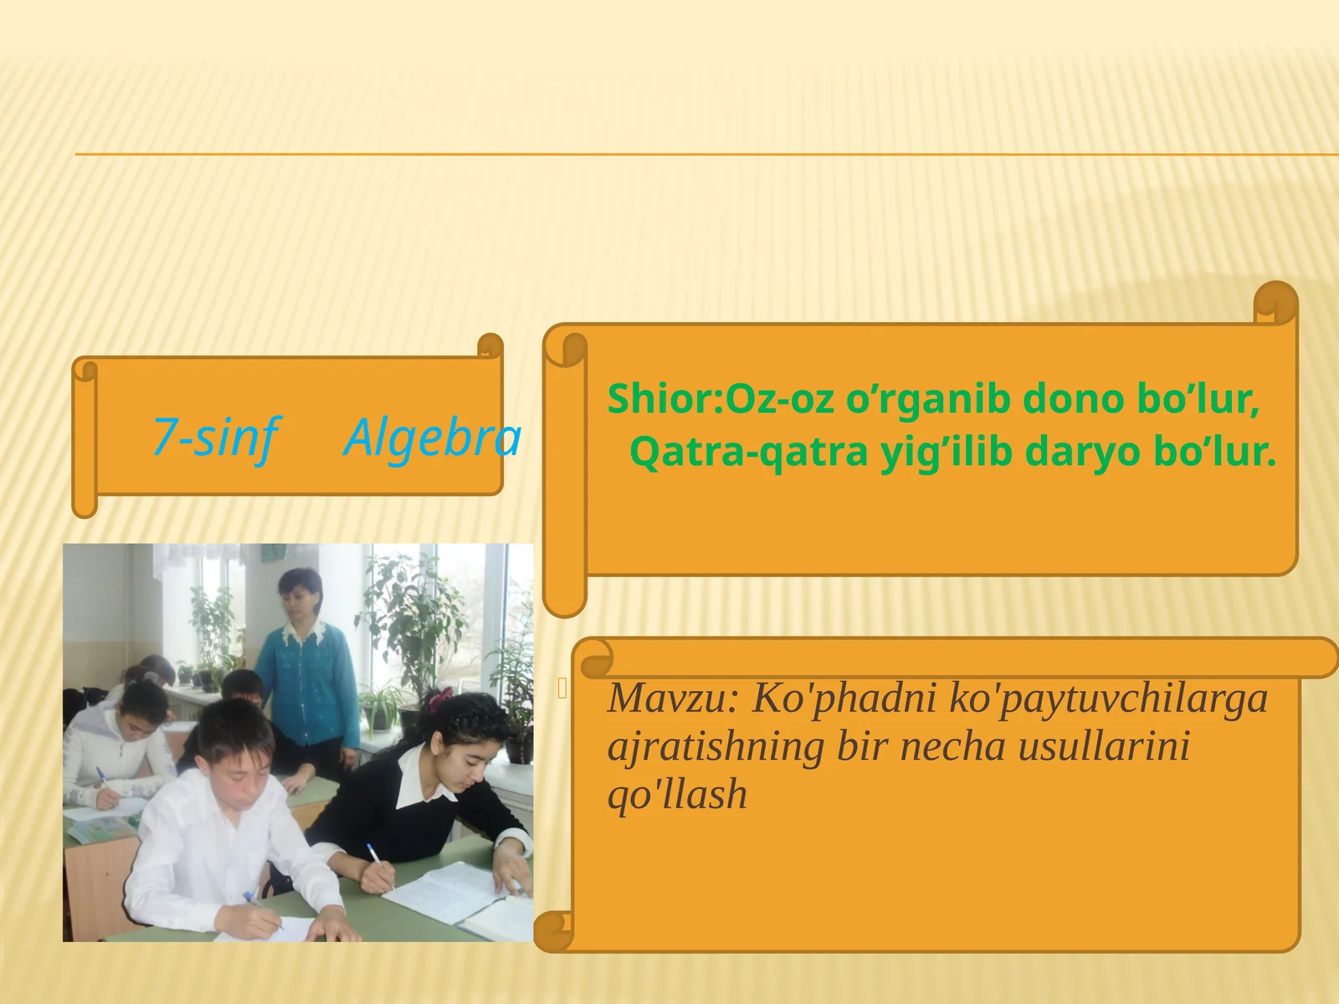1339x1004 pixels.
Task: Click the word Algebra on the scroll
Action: point(433,437)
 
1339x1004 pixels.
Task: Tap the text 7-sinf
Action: point(214,437)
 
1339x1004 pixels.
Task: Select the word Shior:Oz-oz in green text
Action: point(721,398)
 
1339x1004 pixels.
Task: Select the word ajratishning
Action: point(716,746)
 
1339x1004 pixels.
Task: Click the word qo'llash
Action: point(677,795)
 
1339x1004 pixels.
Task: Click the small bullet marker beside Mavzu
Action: point(562,689)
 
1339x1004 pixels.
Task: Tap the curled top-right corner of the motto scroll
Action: point(1275,303)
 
